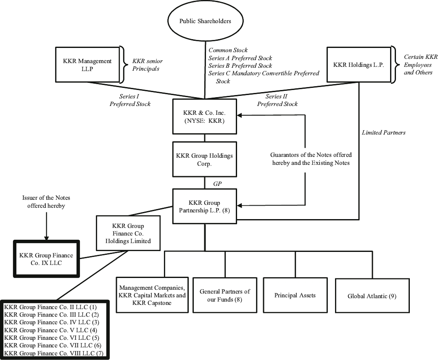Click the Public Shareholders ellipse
[x=205, y=21]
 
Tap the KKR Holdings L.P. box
[x=358, y=64]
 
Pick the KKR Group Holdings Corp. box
[x=205, y=159]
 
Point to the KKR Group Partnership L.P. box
[x=205, y=206]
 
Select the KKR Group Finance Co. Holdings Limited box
[x=129, y=233]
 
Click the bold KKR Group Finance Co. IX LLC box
[x=46, y=258]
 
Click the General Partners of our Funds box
[x=225, y=295]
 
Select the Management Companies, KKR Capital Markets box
[x=151, y=295]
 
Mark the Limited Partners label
[x=383, y=132]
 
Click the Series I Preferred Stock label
[x=130, y=100]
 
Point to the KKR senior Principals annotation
[x=146, y=65]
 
